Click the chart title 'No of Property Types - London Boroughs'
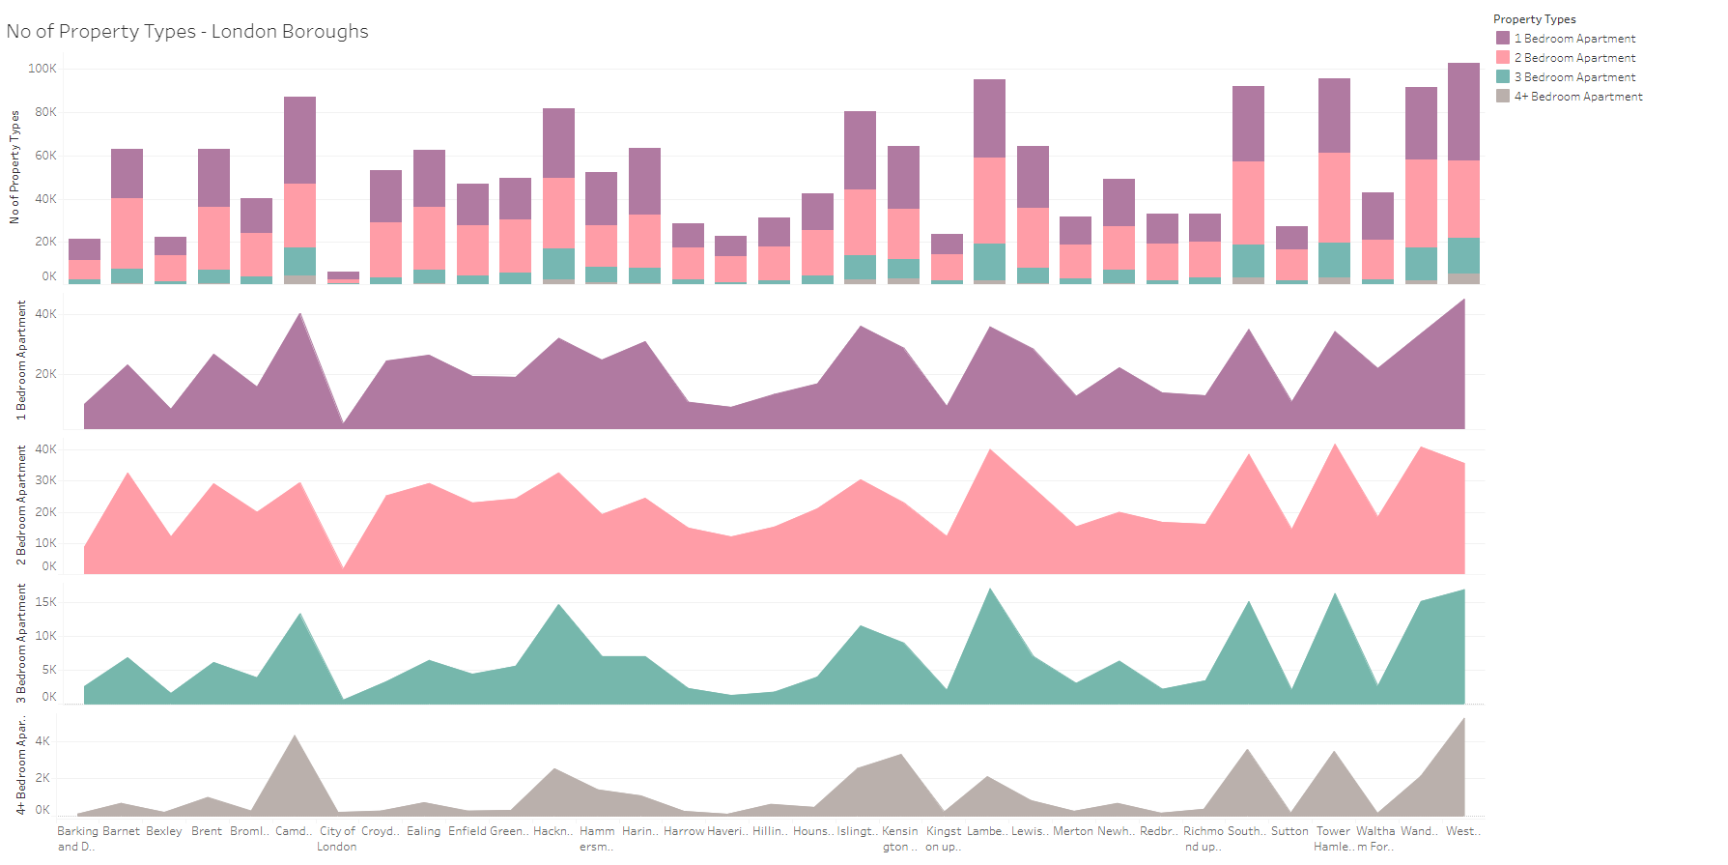(187, 31)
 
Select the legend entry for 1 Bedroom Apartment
(1574, 39)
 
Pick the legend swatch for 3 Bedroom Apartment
(1503, 76)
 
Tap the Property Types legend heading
(1534, 19)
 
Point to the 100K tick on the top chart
(42, 69)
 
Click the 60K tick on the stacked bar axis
(45, 156)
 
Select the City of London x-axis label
(337, 838)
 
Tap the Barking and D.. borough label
(77, 838)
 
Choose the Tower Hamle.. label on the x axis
(1333, 838)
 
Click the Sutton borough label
(1289, 831)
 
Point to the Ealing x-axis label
(423, 831)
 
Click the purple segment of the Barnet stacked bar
(127, 174)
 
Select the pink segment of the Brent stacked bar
(213, 238)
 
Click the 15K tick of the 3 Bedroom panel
(45, 602)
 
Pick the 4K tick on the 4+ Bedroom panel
(42, 741)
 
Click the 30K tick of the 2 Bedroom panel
(45, 480)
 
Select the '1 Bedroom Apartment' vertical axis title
(21, 360)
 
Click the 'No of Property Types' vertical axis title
(14, 167)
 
